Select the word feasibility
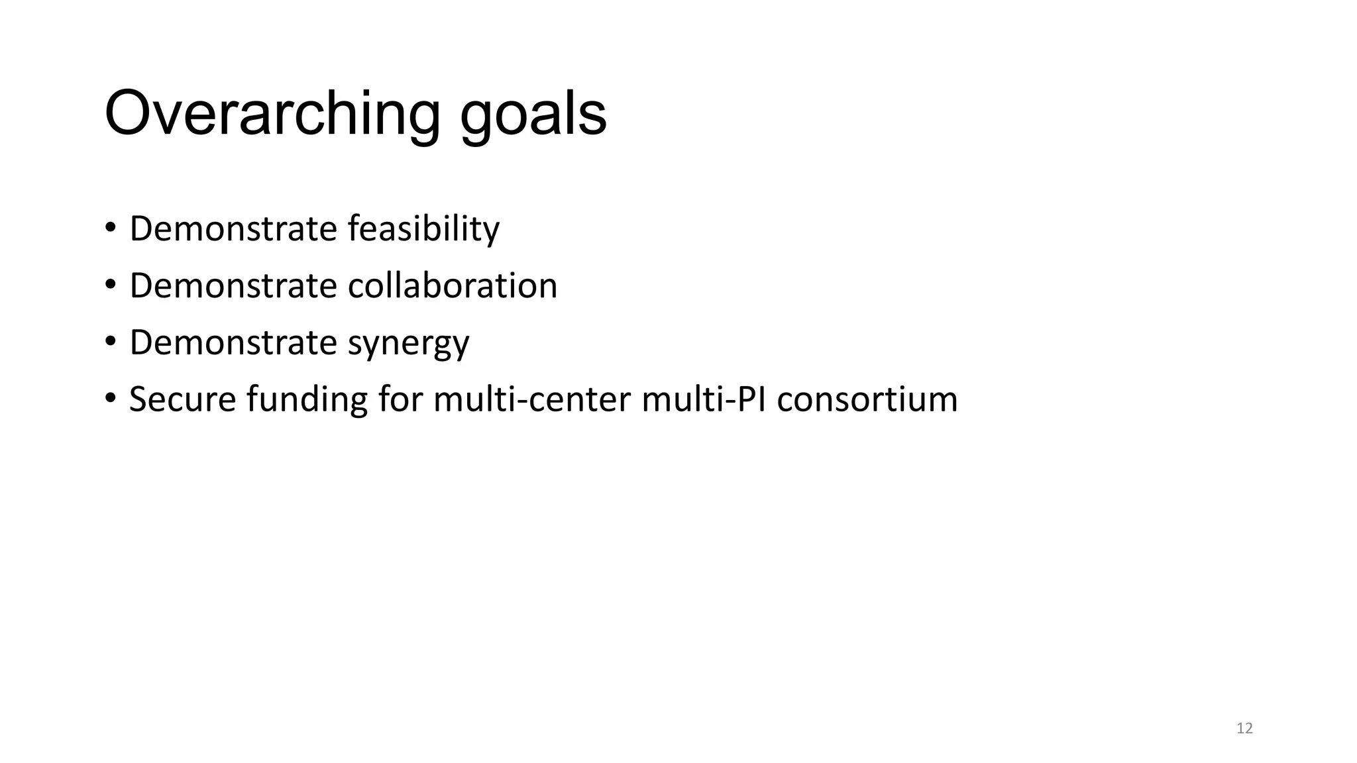(423, 229)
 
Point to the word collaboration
(453, 285)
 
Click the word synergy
(408, 344)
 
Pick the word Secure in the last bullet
(182, 399)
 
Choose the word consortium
(867, 399)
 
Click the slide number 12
(1244, 729)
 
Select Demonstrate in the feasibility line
(233, 229)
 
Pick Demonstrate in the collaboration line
(233, 285)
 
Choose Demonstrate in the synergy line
(233, 342)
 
